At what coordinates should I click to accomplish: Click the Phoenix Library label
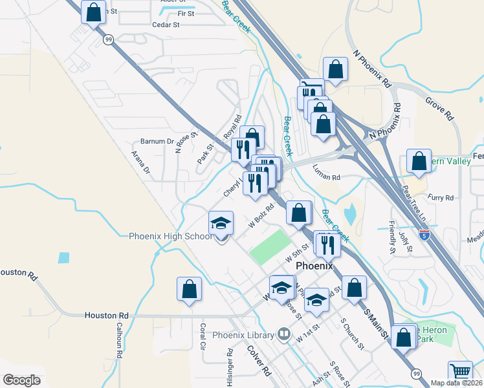tap(243, 335)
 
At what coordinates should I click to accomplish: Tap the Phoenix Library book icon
tap(283, 334)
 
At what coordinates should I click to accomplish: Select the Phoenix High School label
tap(171, 237)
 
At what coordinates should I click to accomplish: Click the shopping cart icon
tap(460, 372)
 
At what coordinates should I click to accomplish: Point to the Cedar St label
tap(166, 25)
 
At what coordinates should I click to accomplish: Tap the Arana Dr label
tap(140, 163)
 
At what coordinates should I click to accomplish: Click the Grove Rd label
tap(439, 109)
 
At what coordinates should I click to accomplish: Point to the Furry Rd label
tap(441, 198)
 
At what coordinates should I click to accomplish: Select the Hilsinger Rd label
tap(230, 367)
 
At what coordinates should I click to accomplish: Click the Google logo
tap(21, 380)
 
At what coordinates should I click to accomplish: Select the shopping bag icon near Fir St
tap(94, 12)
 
